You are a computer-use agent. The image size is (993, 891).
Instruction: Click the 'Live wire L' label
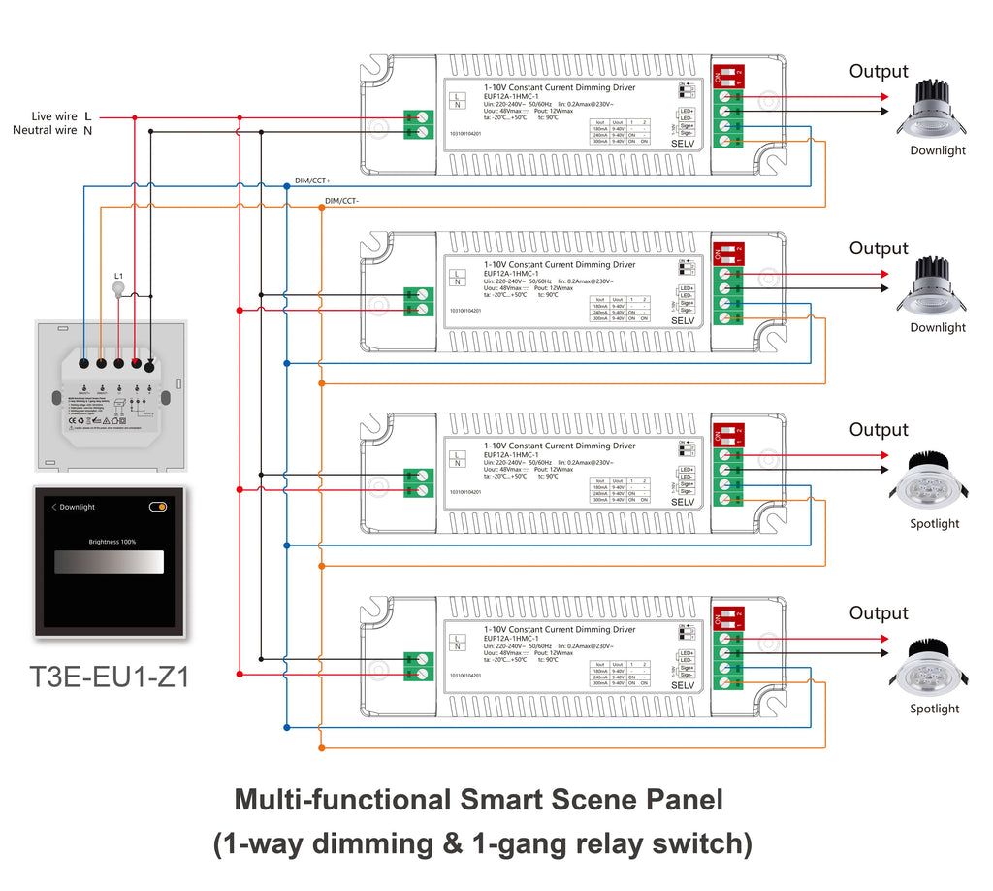[61, 116]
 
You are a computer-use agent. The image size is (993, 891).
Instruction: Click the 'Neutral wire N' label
[52, 131]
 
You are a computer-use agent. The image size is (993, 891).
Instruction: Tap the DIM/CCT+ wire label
[312, 181]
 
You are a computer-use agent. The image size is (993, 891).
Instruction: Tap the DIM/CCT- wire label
[341, 201]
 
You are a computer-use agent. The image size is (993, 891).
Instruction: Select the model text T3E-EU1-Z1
[110, 676]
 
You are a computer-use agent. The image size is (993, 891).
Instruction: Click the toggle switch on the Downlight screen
[157, 507]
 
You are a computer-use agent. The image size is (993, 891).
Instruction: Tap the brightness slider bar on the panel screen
[109, 562]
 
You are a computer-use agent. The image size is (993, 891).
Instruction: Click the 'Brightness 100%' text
[112, 542]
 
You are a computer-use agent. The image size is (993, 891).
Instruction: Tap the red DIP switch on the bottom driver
[727, 617]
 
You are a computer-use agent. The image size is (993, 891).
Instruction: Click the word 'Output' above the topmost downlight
[879, 72]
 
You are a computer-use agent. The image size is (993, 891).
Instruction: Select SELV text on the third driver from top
[683, 502]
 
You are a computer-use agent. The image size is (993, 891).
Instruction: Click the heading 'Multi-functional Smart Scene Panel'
[478, 801]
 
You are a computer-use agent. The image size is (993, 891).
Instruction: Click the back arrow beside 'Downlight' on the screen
[54, 507]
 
